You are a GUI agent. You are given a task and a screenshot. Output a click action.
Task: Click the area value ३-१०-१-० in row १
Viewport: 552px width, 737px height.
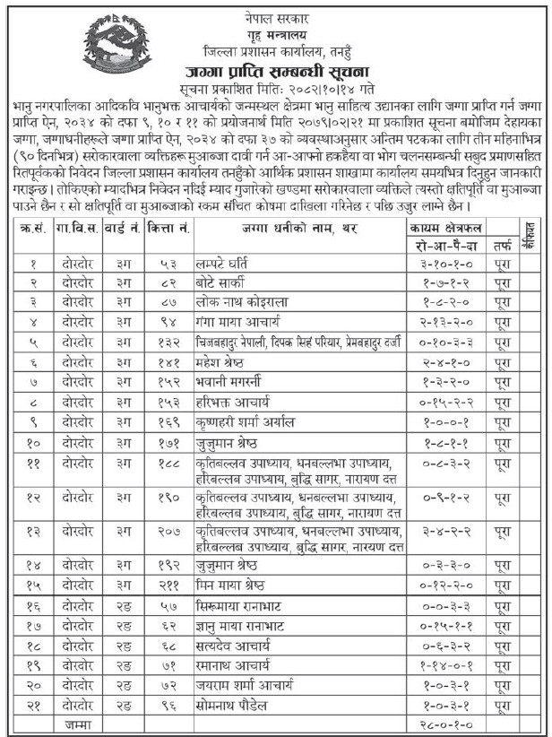pyautogui.click(x=445, y=264)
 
